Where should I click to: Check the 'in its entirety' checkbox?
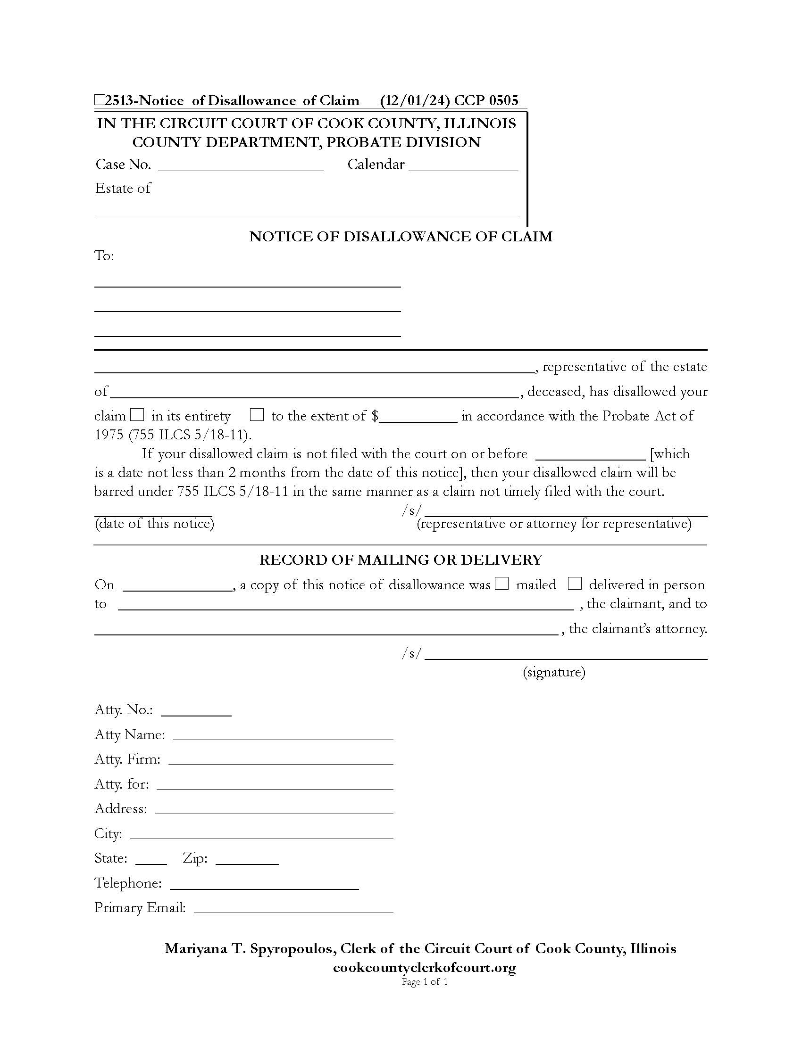pyautogui.click(x=137, y=414)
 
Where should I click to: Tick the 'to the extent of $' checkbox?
pyautogui.click(x=257, y=414)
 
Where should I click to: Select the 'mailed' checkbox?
pyautogui.click(x=501, y=583)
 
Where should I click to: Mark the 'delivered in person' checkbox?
pyautogui.click(x=575, y=583)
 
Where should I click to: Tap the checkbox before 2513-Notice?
pyautogui.click(x=99, y=100)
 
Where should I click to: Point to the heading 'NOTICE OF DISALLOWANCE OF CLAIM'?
pyautogui.click(x=401, y=237)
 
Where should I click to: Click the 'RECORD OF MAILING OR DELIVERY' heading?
pyautogui.click(x=401, y=560)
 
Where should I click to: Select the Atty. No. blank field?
pyautogui.click(x=196, y=711)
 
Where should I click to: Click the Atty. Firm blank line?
pyautogui.click(x=281, y=760)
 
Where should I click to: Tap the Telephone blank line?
pyautogui.click(x=264, y=885)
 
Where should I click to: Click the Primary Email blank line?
pyautogui.click(x=293, y=909)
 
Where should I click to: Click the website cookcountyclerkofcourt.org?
pyautogui.click(x=424, y=967)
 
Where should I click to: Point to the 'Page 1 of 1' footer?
pyautogui.click(x=424, y=981)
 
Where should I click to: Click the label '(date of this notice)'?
pyautogui.click(x=154, y=524)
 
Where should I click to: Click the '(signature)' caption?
pyautogui.click(x=554, y=672)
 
